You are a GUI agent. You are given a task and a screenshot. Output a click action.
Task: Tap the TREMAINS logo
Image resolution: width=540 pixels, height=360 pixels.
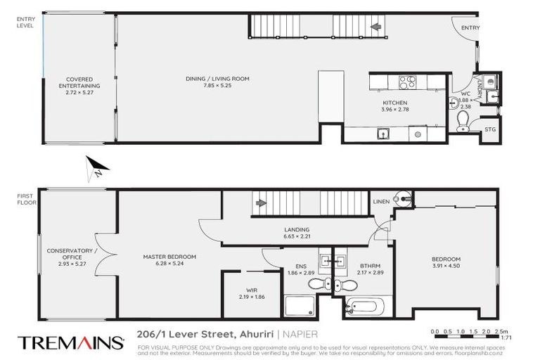point(71,342)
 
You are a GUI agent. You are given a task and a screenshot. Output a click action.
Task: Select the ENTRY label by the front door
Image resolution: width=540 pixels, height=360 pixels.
point(470,27)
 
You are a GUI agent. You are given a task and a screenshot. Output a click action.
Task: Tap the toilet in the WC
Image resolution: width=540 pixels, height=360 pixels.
point(463,124)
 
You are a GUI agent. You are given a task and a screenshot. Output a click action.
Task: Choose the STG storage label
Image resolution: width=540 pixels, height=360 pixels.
point(491,129)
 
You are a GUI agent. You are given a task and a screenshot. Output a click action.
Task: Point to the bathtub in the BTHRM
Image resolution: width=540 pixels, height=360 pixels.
point(364,307)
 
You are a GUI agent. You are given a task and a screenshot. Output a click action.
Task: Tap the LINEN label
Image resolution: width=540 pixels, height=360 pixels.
point(382,202)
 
